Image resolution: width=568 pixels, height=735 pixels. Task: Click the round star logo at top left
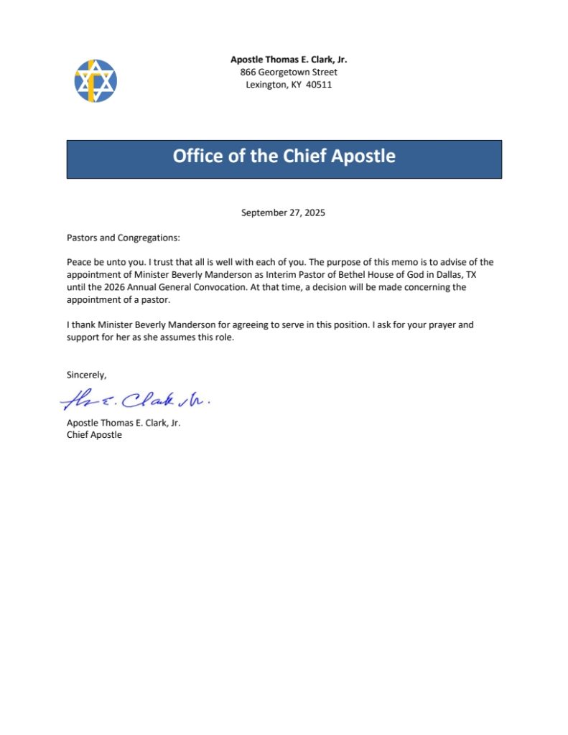(96, 80)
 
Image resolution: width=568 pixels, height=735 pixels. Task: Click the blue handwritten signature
(136, 399)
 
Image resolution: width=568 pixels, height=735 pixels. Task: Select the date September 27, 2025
(284, 212)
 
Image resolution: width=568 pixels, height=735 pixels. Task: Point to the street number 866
(248, 72)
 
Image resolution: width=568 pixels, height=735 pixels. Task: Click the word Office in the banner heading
(198, 156)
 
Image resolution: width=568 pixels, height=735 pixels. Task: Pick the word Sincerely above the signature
(86, 375)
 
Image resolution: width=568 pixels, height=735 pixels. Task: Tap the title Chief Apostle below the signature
(94, 435)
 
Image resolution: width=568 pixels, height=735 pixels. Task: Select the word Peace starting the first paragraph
(79, 262)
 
